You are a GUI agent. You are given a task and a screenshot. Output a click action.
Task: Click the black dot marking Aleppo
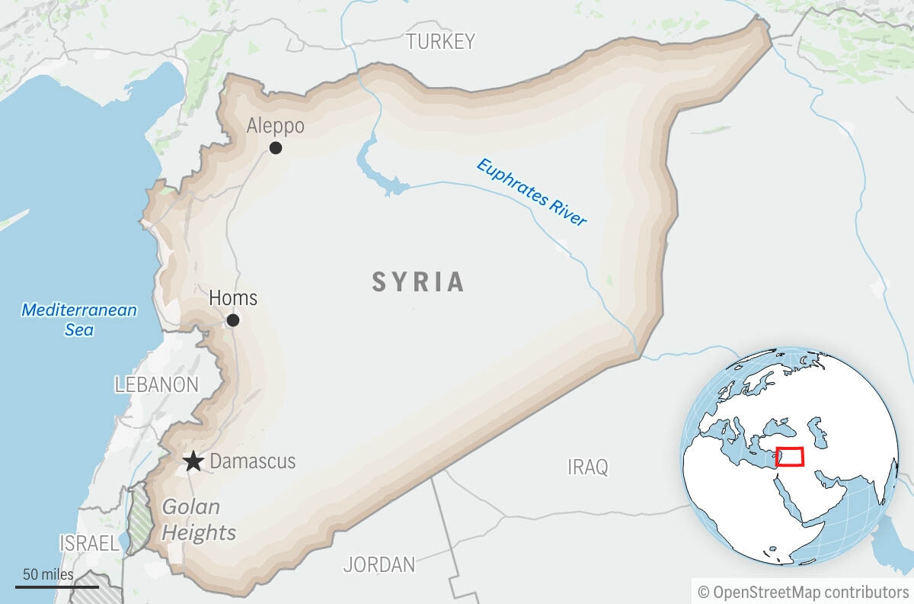276,148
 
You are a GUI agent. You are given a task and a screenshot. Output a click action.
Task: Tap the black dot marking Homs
233,320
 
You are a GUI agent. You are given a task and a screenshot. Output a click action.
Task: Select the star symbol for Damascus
193,461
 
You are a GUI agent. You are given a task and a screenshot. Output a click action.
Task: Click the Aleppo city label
275,126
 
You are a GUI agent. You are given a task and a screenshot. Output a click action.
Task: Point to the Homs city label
233,297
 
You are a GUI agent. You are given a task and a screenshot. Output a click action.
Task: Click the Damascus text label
252,461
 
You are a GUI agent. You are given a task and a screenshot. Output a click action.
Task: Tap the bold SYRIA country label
418,282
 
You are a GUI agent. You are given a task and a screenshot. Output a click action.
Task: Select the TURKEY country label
440,41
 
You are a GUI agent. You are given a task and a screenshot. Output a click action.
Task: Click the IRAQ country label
588,467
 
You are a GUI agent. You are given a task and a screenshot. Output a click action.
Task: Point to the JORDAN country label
379,565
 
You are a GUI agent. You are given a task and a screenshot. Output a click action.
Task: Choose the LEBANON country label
157,385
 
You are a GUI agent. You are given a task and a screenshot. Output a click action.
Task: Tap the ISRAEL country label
89,543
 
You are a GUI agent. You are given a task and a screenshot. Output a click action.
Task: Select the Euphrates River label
532,191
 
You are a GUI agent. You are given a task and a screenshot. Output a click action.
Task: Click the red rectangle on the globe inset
790,457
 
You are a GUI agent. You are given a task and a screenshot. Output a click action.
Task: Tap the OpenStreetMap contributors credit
803,592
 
